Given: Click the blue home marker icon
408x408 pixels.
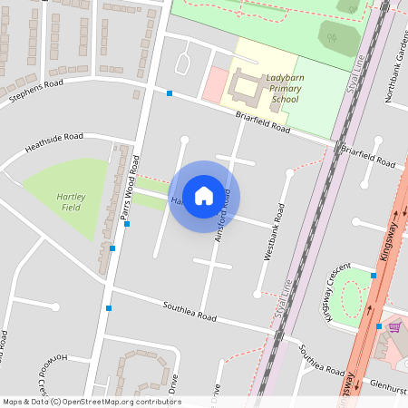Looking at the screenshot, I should tap(204, 195).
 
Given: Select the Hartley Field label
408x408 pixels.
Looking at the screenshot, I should tap(70, 201).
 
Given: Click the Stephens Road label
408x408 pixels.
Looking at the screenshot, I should tap(36, 89).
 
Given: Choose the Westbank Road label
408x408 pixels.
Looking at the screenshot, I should tap(274, 232).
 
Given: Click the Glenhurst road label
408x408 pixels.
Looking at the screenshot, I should tap(388, 384).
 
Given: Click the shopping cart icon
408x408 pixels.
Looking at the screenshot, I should tap(394, 326).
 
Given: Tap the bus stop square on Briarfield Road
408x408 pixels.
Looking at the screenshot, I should tap(170, 92).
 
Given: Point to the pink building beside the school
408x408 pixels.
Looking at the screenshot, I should tap(215, 84).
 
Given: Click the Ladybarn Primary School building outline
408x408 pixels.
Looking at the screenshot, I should tap(245, 89).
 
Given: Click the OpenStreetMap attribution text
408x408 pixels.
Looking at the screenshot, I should tap(91, 402).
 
